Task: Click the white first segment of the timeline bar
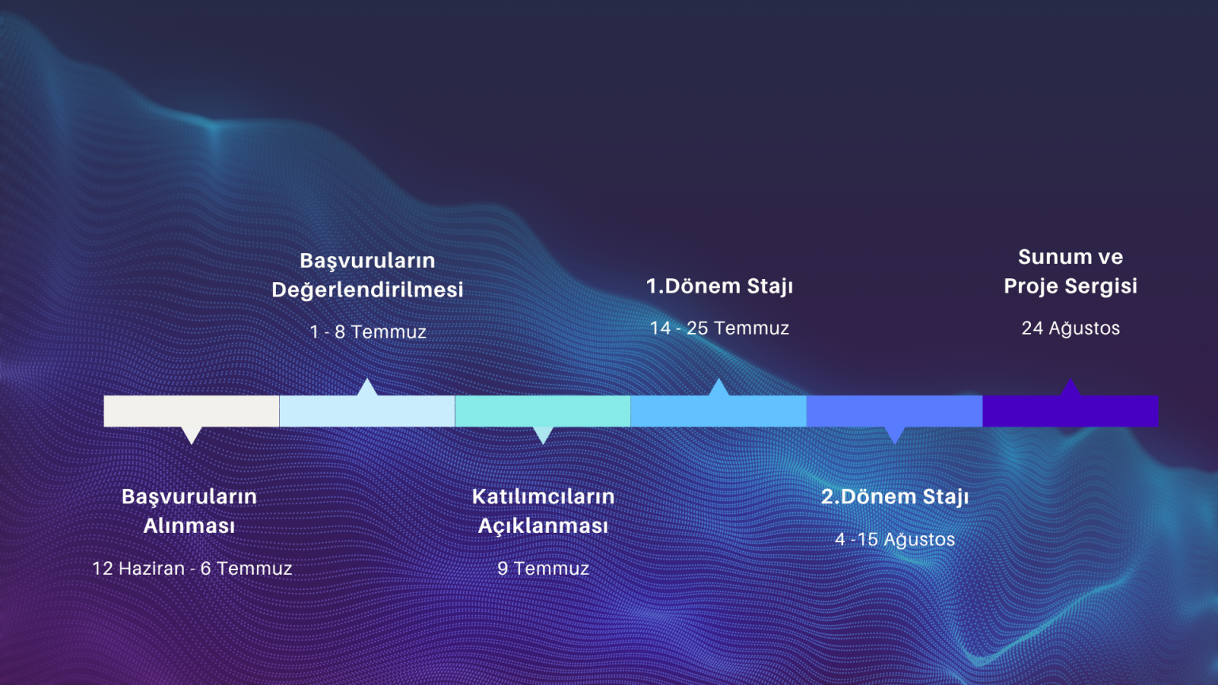[x=191, y=411]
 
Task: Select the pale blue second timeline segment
[x=368, y=411]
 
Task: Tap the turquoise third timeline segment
[x=543, y=411]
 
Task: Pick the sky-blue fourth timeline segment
[x=719, y=411]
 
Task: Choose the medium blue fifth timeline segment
[x=894, y=411]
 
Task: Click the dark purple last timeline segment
[x=1071, y=411]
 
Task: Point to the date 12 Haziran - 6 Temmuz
[x=192, y=568]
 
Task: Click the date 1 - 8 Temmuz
[x=368, y=331]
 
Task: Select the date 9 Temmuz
[x=543, y=568]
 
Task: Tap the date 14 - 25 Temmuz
[x=719, y=327]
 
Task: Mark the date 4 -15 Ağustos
[x=894, y=539]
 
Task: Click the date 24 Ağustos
[x=1071, y=327]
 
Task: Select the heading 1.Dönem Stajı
[x=719, y=286]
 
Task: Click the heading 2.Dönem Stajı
[x=895, y=497]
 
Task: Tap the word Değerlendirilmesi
[x=368, y=289]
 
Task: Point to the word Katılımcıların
[x=543, y=496]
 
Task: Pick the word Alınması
[x=190, y=526]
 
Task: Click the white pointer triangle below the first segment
[x=191, y=435]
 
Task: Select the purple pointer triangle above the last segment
[x=1070, y=388]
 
